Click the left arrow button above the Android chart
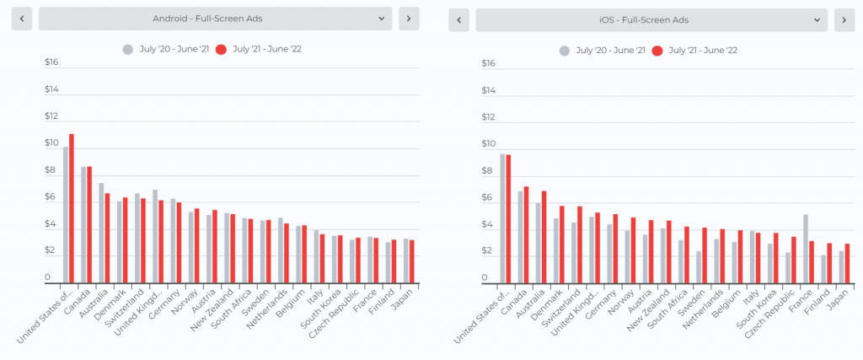click(22, 19)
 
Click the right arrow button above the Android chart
click(409, 19)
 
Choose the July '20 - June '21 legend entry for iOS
click(602, 51)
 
